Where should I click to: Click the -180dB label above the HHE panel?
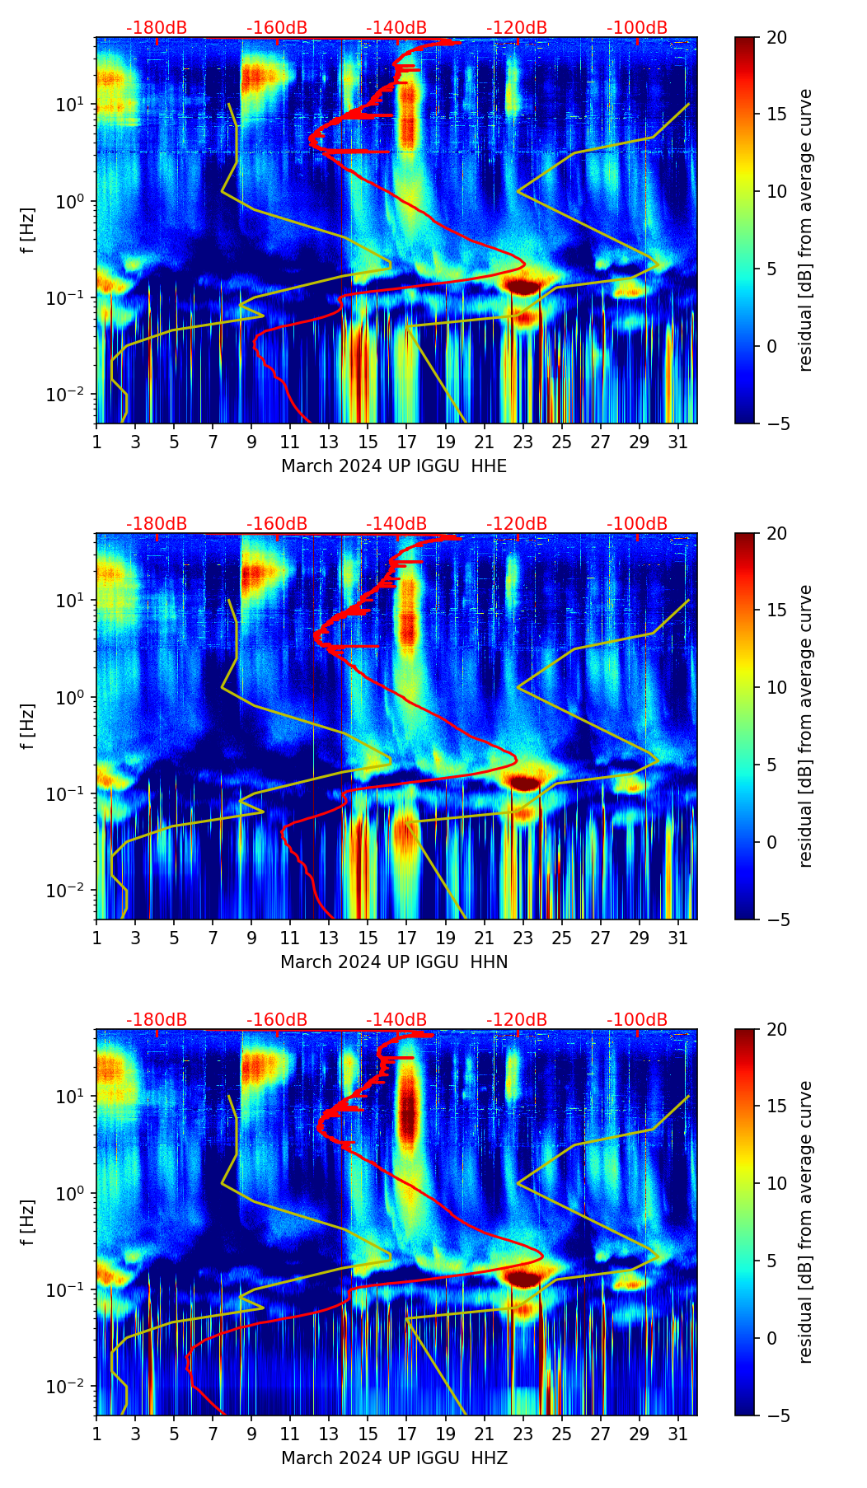click(157, 28)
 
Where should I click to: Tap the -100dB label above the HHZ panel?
click(637, 1020)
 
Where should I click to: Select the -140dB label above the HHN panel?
click(396, 524)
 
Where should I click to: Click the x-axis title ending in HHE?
click(394, 466)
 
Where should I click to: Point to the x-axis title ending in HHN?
click(394, 962)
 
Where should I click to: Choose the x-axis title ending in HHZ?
click(394, 1458)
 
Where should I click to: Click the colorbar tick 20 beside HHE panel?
click(776, 37)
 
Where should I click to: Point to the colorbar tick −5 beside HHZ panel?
click(776, 1415)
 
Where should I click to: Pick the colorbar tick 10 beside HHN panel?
click(776, 687)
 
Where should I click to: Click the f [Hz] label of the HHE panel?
click(28, 230)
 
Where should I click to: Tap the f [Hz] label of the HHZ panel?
click(28, 1222)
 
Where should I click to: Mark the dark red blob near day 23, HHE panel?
click(523, 286)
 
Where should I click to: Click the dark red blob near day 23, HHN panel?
click(524, 782)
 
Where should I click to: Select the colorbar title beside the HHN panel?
click(806, 726)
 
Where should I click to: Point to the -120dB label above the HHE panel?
click(517, 28)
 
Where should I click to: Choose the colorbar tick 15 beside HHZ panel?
click(776, 1107)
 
